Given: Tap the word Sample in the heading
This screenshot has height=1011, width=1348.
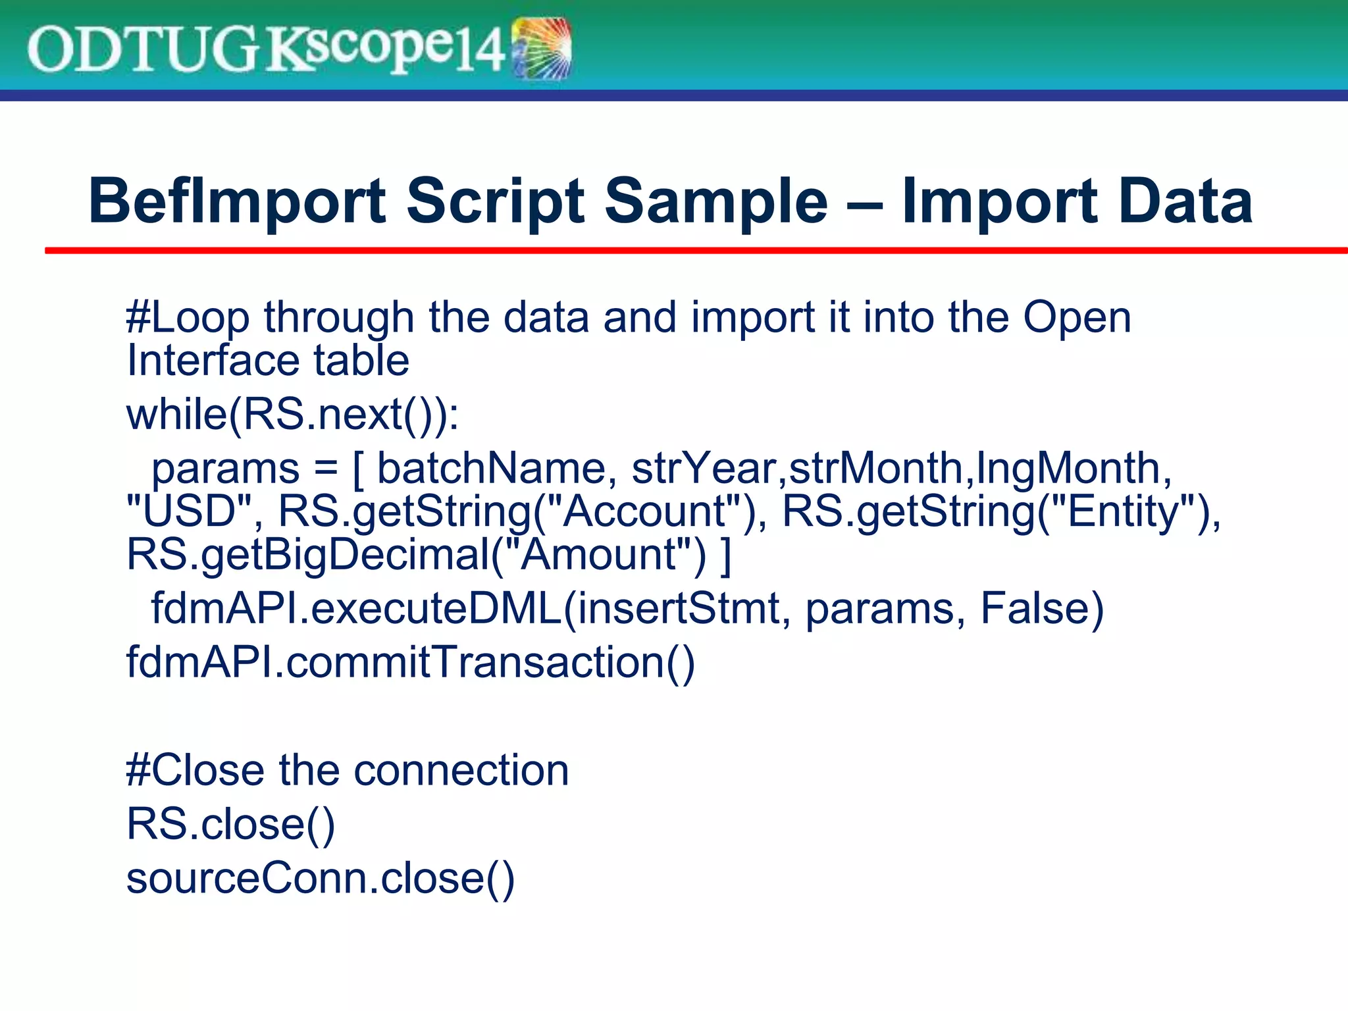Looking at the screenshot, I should point(715,201).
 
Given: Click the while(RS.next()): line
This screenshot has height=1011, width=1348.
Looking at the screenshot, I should point(292,415).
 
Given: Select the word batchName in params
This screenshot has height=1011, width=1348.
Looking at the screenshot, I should point(490,469).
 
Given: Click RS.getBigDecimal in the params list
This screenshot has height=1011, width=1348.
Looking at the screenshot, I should point(307,554).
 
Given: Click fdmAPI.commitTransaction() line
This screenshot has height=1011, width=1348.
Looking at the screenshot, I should point(410,662).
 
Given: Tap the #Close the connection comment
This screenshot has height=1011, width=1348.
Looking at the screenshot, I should point(347,770).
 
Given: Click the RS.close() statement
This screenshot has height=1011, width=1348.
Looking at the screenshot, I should point(230,824).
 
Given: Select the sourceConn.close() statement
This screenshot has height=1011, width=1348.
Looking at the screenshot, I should point(320,878).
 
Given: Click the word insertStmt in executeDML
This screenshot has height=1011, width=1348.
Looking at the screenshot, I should point(678,608).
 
